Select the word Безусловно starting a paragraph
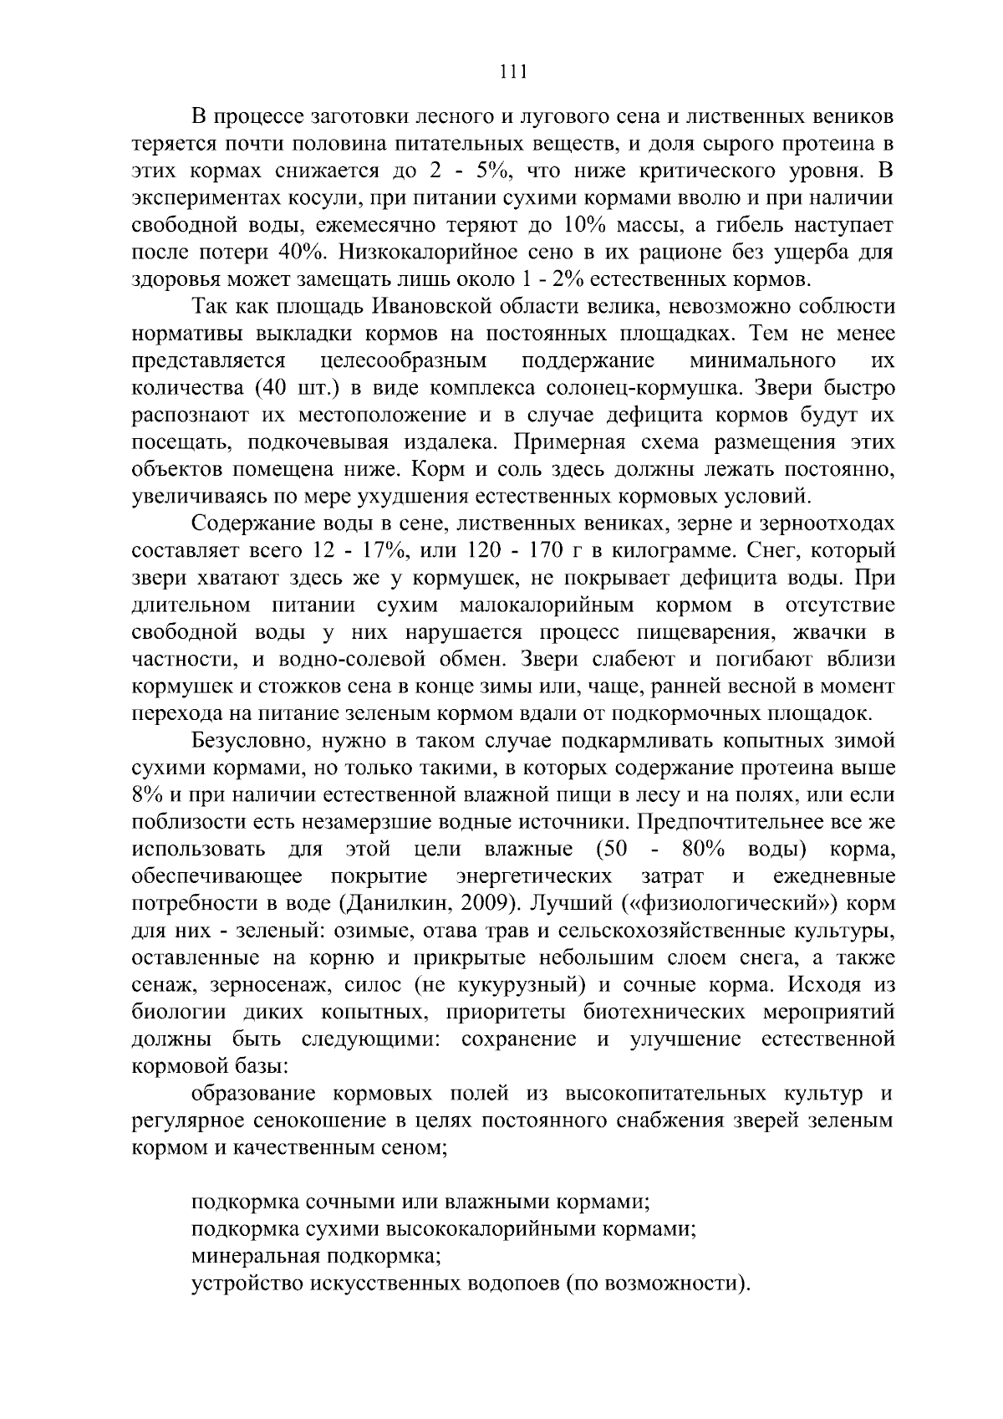click(x=256, y=741)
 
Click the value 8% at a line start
click(x=148, y=795)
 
